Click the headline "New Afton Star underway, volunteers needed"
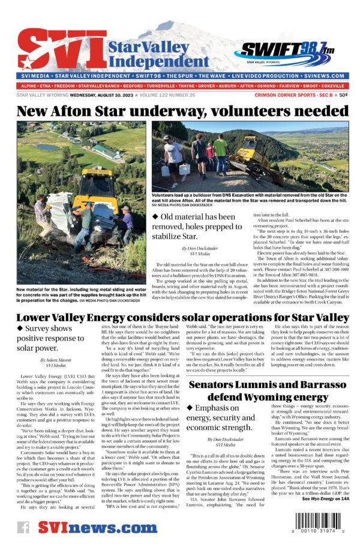179,111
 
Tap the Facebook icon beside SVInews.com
24,527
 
